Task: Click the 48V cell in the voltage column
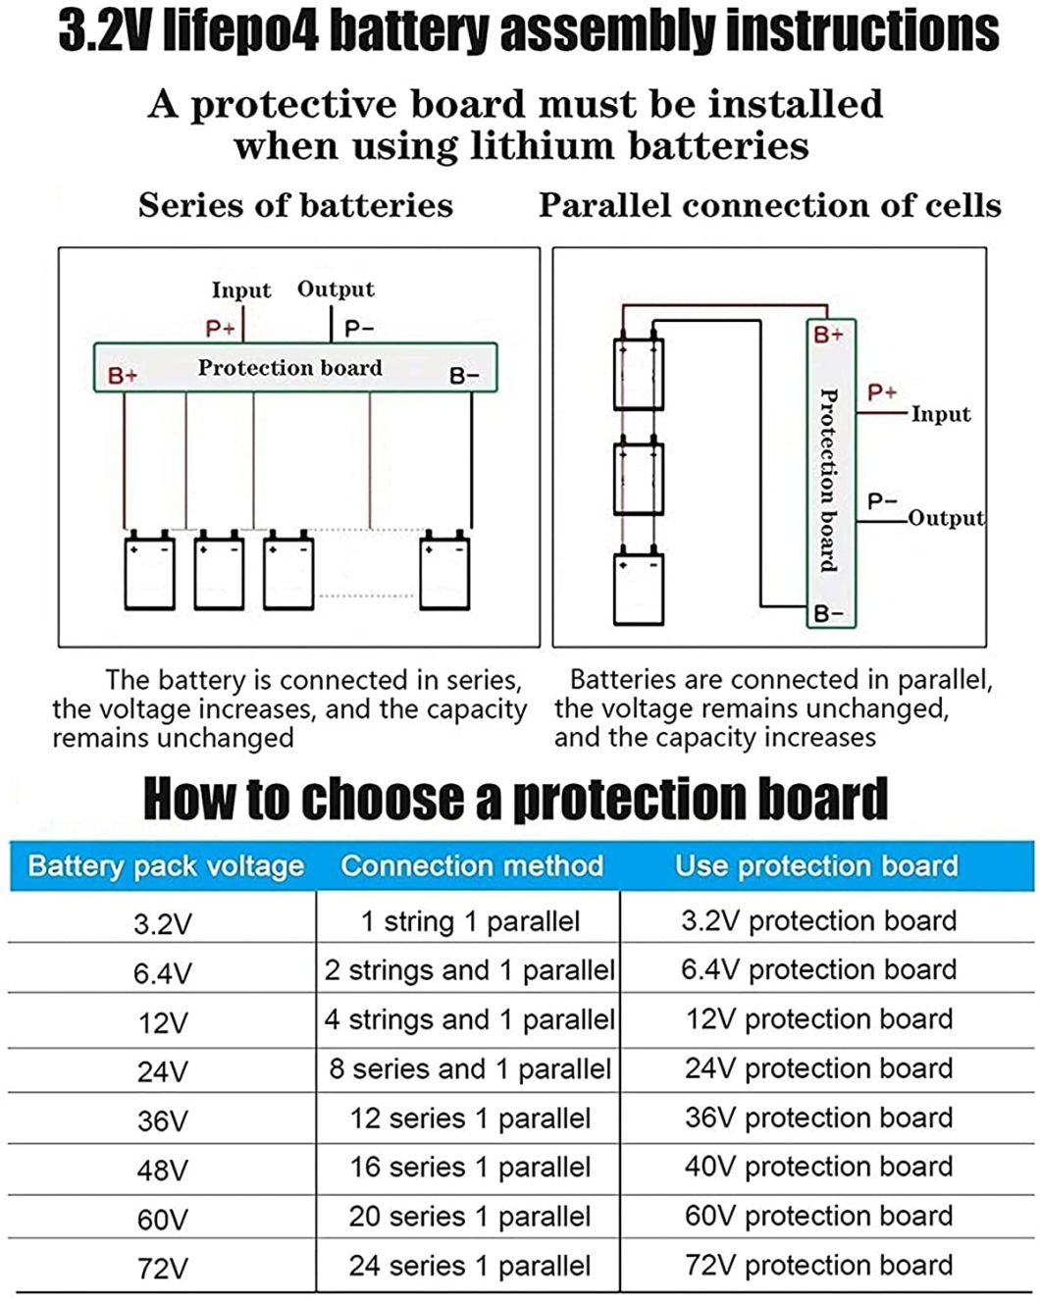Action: point(162,1170)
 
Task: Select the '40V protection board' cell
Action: point(818,1167)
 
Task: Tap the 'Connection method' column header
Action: point(471,865)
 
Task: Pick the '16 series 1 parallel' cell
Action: point(470,1168)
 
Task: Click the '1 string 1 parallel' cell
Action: point(470,921)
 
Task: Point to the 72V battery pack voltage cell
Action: point(162,1269)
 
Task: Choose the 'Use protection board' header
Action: point(816,865)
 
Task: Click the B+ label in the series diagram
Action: point(123,375)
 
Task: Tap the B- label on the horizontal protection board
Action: point(464,376)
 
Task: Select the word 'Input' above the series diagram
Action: point(240,290)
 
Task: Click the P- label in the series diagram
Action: point(359,329)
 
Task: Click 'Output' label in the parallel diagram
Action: point(945,518)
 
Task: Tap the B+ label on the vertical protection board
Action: point(829,335)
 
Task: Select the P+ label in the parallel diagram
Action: point(882,392)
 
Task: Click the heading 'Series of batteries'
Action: point(295,205)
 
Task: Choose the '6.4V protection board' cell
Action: point(818,969)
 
